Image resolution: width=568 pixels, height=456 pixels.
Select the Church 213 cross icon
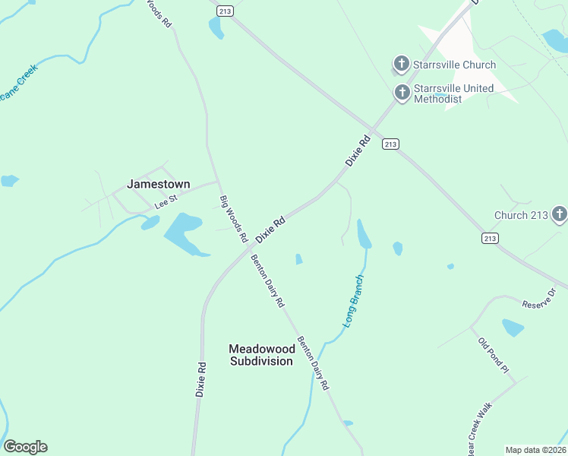560,215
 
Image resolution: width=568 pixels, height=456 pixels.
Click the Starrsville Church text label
454,65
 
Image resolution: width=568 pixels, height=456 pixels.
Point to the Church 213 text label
521,215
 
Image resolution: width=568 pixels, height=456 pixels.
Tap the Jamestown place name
158,184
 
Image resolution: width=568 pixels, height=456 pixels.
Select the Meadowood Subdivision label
261,355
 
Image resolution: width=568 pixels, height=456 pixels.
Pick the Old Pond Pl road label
493,354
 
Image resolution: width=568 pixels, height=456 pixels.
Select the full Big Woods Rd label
234,220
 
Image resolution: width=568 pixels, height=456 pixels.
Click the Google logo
25,447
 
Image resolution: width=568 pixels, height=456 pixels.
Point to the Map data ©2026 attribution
535,450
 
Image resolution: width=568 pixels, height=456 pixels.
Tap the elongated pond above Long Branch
364,234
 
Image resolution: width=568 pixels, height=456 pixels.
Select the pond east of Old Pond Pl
513,328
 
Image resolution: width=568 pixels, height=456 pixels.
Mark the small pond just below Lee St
150,223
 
